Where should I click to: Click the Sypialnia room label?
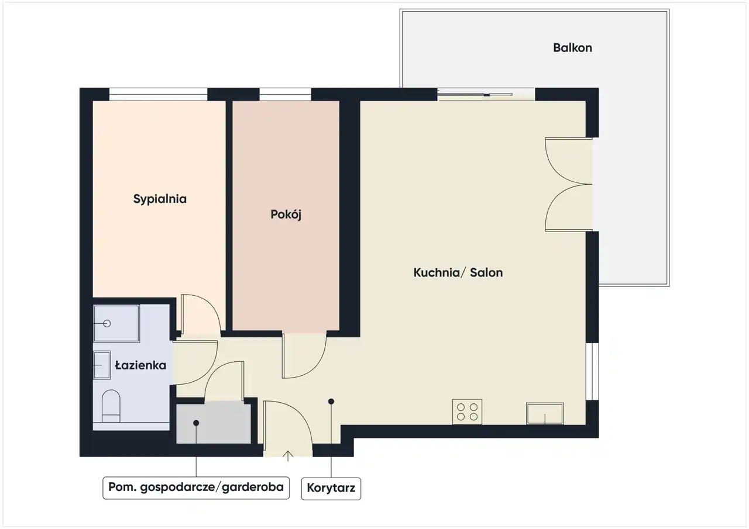tap(160, 199)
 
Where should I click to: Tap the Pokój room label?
tap(286, 215)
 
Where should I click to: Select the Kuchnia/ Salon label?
tap(458, 272)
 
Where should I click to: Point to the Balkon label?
tap(572, 48)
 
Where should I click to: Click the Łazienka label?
tap(140, 365)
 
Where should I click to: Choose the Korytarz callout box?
tap(331, 489)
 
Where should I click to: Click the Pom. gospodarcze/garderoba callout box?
tap(196, 488)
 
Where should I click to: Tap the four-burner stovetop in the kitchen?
tap(467, 412)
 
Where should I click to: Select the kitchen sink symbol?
tap(545, 413)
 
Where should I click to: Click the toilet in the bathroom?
tap(111, 406)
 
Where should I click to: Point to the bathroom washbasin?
tap(102, 365)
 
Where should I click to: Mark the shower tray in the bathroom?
tap(116, 324)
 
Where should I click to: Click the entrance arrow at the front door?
tap(288, 455)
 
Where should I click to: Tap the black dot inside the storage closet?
tap(196, 423)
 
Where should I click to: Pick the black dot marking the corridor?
tap(331, 402)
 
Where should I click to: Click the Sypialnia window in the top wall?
tap(158, 94)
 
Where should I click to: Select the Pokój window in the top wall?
tap(285, 94)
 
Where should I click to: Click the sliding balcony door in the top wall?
tap(486, 95)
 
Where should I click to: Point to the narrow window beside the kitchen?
tap(592, 371)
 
